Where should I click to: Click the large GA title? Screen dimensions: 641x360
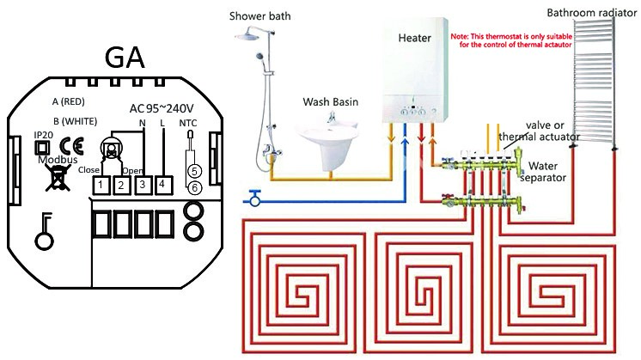(125, 58)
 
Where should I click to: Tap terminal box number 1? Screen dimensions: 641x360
(101, 186)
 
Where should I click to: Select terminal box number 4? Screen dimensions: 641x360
(162, 185)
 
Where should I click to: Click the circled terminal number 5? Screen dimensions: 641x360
(194, 172)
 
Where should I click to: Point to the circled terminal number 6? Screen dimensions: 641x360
(194, 188)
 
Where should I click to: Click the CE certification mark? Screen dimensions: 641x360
(71, 146)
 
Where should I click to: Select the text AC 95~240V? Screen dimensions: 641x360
(162, 108)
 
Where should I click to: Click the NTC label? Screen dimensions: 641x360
(188, 123)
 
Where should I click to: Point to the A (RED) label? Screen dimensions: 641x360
(68, 101)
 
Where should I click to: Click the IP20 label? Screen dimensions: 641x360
(43, 135)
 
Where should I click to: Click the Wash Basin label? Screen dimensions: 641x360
(330, 101)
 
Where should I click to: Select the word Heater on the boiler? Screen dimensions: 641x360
(414, 38)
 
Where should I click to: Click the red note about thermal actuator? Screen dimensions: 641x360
(511, 40)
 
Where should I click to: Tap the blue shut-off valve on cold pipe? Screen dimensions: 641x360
(255, 198)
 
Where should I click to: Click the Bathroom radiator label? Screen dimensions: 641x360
(591, 13)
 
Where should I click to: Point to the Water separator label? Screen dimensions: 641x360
(543, 172)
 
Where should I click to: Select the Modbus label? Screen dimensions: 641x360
(58, 159)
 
